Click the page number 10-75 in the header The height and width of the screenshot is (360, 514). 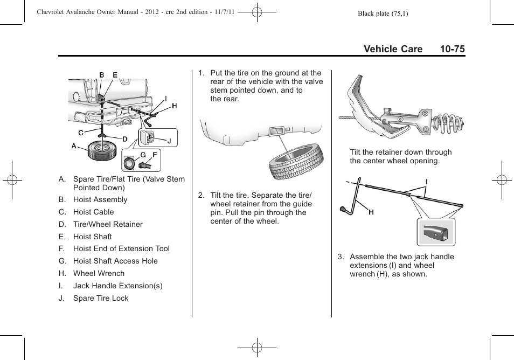tap(452, 49)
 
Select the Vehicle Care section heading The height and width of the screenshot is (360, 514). tap(393, 49)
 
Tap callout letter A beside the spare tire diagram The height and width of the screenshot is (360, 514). tap(74, 146)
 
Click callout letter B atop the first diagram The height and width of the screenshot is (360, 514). tap(101, 75)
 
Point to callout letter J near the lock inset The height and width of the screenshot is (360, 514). tap(169, 142)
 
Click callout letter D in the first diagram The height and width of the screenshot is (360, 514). tap(124, 140)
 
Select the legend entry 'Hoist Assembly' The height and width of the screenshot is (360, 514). tap(100, 199)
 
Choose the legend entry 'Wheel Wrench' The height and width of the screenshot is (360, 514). tap(99, 273)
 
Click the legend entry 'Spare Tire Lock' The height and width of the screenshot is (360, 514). tap(101, 298)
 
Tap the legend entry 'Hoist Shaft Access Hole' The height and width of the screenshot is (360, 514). tap(115, 261)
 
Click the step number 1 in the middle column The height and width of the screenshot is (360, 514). tap(201, 73)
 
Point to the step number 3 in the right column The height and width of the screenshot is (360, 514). tap(340, 257)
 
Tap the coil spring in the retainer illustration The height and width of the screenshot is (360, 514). tap(450, 124)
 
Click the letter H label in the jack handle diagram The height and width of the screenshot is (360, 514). tap(371, 212)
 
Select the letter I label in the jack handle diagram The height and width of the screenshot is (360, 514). tap(426, 182)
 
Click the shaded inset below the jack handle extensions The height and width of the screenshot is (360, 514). tap(436, 232)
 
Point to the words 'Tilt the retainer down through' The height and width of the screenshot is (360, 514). tap(400, 152)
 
